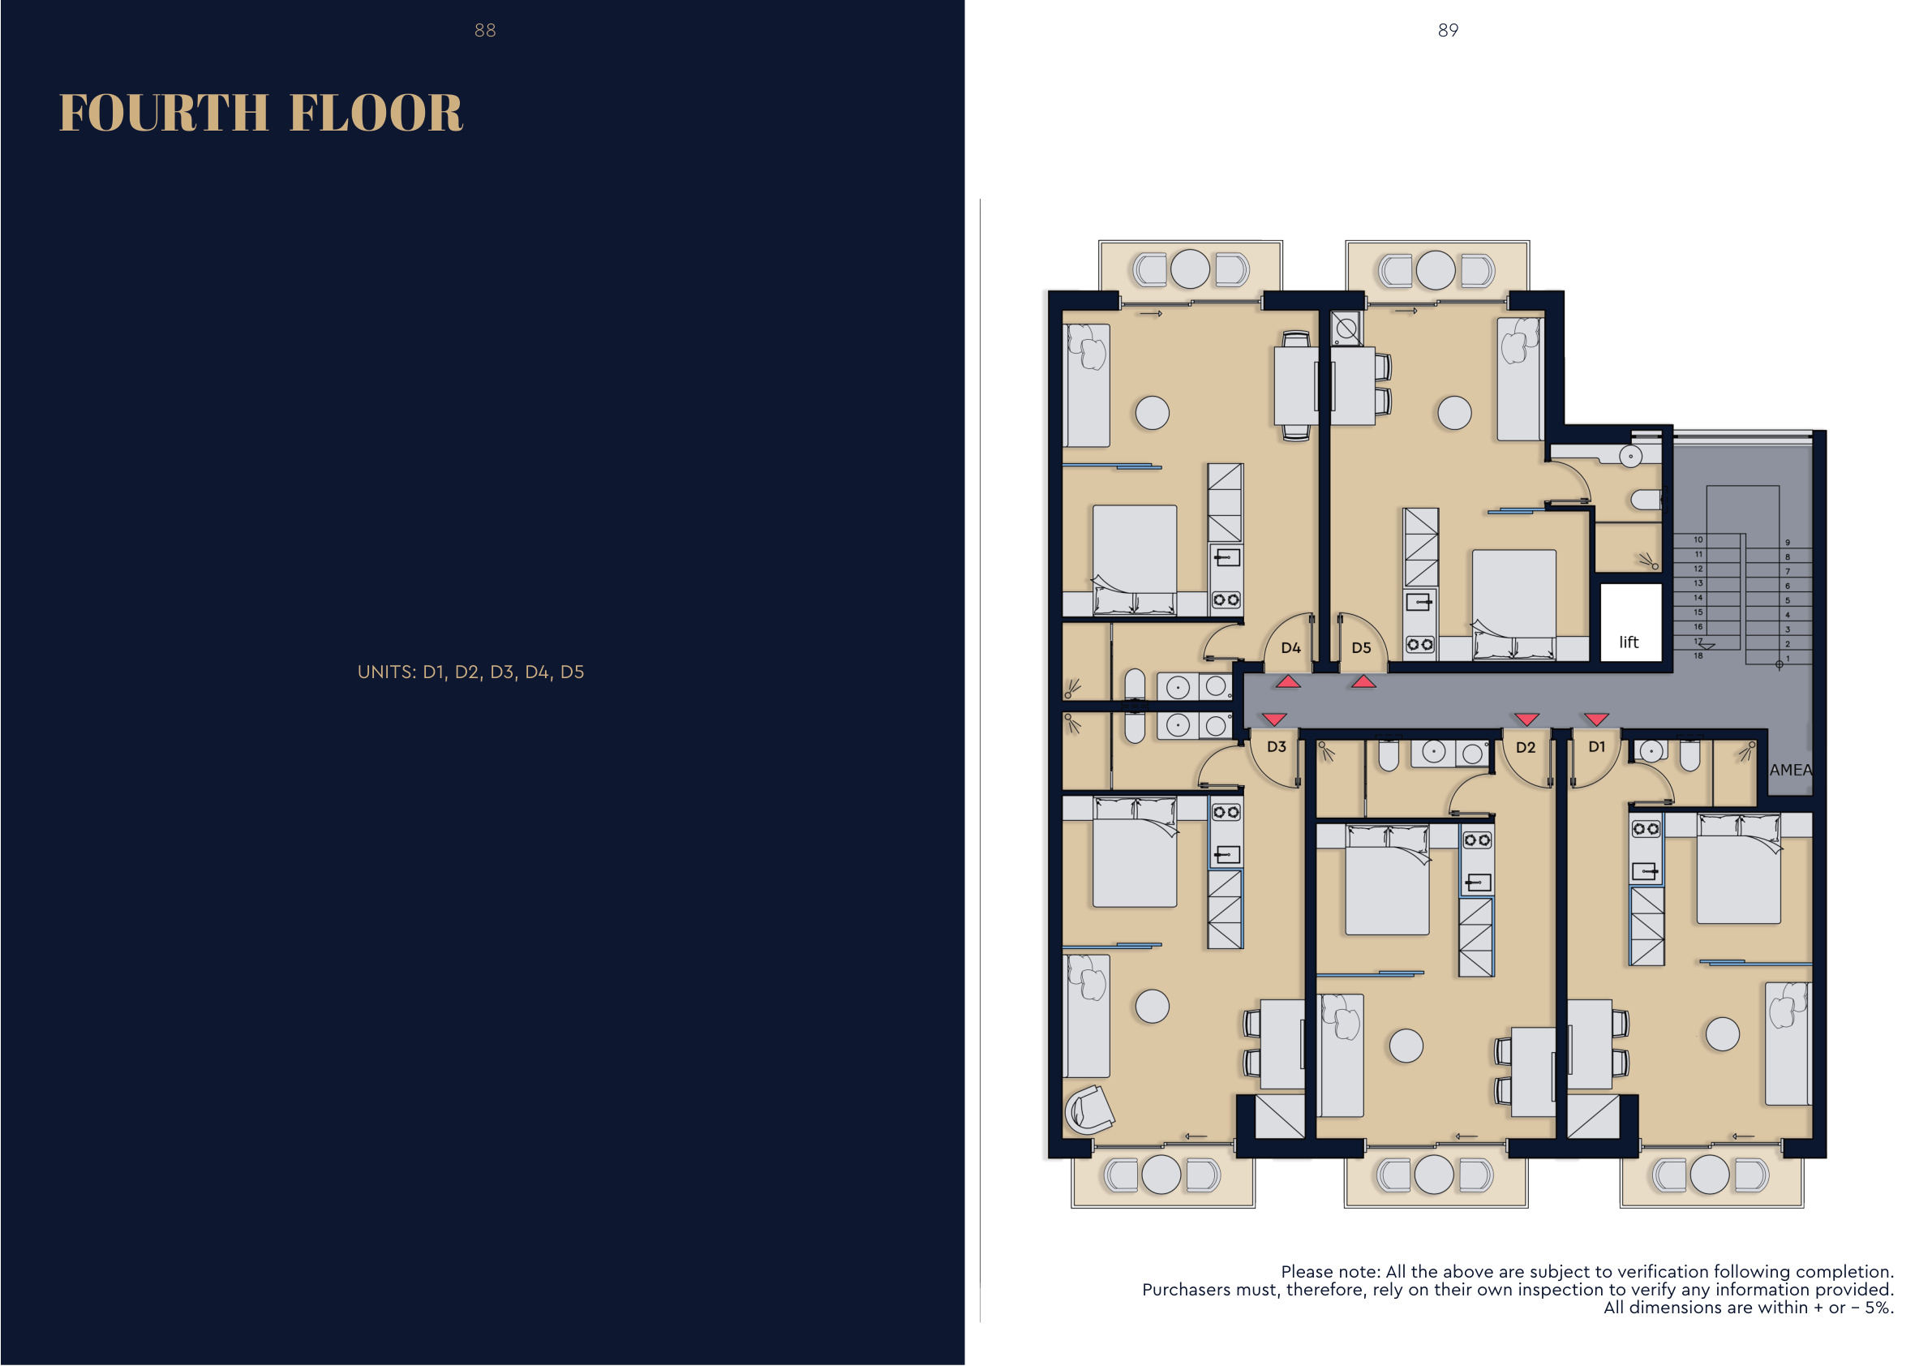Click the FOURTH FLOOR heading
click(x=261, y=113)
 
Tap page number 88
click(x=485, y=30)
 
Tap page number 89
click(x=1448, y=30)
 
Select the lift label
click(x=1629, y=642)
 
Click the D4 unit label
click(x=1290, y=648)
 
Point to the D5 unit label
click(x=1362, y=648)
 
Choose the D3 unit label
click(x=1277, y=746)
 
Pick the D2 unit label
click(x=1526, y=747)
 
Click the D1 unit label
click(x=1596, y=746)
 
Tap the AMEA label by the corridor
click(x=1791, y=770)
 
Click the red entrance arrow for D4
click(x=1288, y=681)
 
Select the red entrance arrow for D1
click(x=1596, y=719)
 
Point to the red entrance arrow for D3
click(x=1275, y=720)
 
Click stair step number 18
click(x=1698, y=655)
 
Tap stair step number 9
click(x=1788, y=543)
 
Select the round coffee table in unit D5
click(x=1454, y=413)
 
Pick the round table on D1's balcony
click(x=1710, y=1175)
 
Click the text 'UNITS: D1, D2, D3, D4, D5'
click(x=470, y=672)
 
